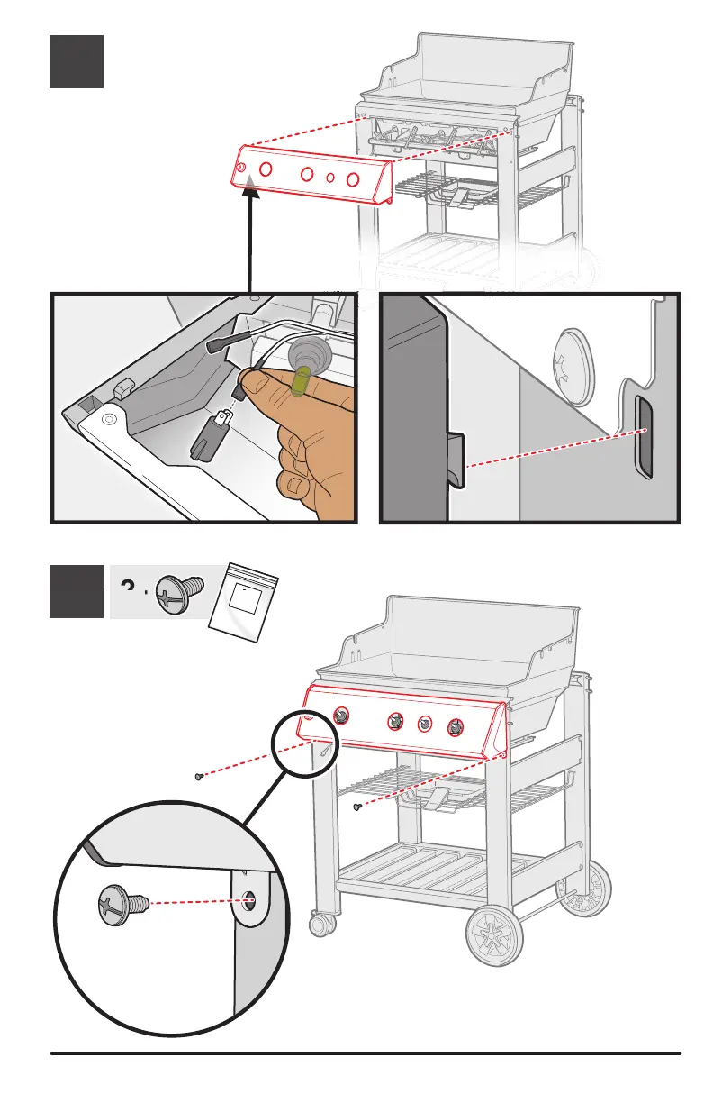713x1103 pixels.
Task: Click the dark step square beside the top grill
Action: (x=77, y=61)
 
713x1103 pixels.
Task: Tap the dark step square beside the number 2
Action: (x=77, y=591)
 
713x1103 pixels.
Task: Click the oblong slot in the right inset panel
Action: (x=643, y=435)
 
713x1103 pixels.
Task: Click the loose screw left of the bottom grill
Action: (x=198, y=775)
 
